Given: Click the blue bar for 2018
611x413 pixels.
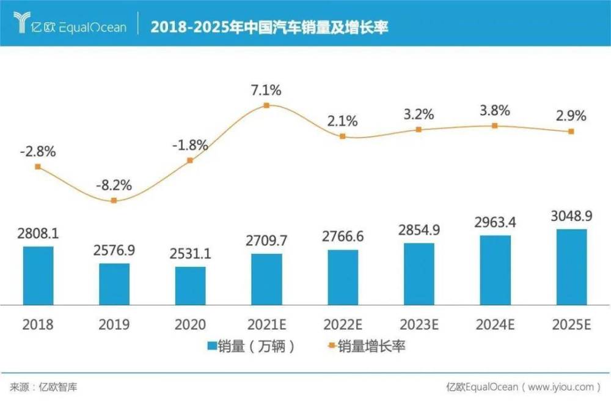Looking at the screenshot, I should point(38,275).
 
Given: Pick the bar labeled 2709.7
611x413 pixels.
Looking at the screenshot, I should point(266,278).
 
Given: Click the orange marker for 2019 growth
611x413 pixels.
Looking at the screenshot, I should point(114,200).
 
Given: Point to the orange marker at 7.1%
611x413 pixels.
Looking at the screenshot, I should point(266,105).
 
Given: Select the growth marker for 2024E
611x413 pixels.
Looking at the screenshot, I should point(495,125).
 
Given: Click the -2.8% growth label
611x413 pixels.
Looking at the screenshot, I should point(38,151).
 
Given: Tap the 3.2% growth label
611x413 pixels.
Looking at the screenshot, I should point(419,114).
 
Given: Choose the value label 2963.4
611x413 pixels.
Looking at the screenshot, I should point(495,222).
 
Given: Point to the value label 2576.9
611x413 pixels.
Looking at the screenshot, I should point(114,251).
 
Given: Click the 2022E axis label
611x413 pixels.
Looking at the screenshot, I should point(342,324).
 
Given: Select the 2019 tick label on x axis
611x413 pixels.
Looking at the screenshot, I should point(114,324).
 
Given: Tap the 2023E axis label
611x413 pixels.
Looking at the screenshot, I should point(419,324).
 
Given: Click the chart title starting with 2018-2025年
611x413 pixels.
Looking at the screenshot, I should point(269,27).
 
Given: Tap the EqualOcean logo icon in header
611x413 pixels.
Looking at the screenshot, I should point(22,23).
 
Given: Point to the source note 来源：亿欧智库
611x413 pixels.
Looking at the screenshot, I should point(43,387).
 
